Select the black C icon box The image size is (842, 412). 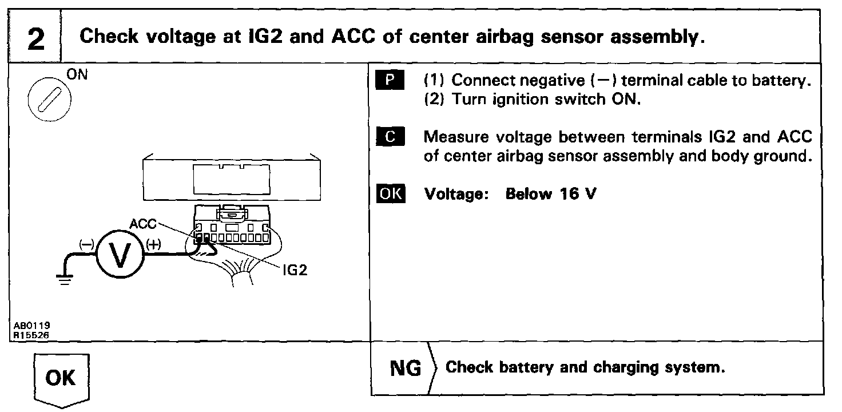391,137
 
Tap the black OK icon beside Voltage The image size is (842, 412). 391,194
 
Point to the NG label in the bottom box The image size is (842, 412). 405,368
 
